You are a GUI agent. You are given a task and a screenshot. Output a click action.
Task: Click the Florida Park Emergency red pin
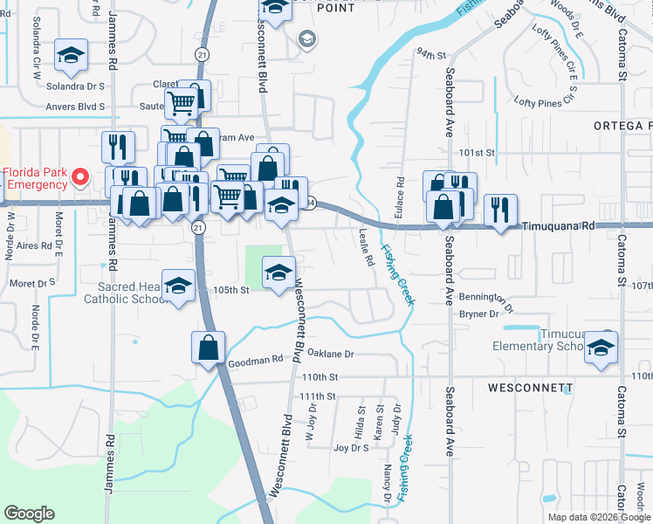pos(79,177)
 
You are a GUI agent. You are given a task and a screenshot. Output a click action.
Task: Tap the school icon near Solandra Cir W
pos(69,57)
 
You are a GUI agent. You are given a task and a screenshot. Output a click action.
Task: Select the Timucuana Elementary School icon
pos(600,347)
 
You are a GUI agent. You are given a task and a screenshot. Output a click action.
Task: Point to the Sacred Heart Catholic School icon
pos(179,287)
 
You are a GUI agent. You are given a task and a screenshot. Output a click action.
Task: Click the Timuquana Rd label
pos(559,225)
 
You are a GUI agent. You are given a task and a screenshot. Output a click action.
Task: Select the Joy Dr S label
pos(352,448)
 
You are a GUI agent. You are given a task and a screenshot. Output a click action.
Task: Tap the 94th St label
pos(430,53)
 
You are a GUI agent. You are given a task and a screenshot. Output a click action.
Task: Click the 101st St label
pos(478,152)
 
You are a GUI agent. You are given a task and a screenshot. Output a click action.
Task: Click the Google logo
pos(29,514)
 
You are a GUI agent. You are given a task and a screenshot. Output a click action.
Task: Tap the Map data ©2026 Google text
pos(597,517)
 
